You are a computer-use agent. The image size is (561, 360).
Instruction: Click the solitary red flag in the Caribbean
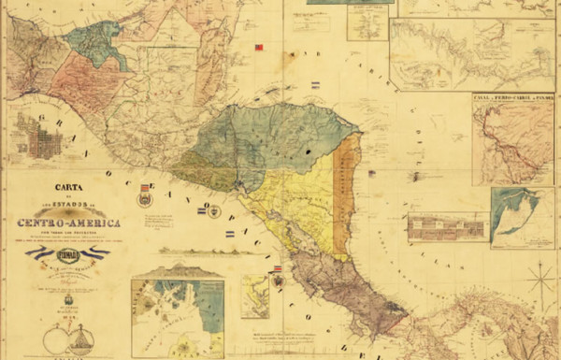pos(261,46)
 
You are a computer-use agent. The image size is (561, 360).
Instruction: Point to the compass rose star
pos(540,279)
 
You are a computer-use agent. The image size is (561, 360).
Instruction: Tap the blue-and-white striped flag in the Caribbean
pos(315,84)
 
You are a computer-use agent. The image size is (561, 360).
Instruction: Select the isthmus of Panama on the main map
pos(467,318)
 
